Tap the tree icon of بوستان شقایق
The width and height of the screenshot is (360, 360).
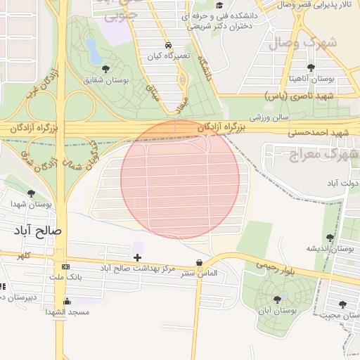(105, 69)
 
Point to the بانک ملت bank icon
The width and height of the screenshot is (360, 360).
(65, 267)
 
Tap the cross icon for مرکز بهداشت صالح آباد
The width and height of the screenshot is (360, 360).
(137, 258)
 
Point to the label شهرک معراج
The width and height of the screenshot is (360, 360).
(323, 153)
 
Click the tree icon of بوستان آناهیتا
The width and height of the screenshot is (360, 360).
(310, 68)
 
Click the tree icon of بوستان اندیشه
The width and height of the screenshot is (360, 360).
(330, 238)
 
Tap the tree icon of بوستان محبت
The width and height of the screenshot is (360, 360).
(342, 304)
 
